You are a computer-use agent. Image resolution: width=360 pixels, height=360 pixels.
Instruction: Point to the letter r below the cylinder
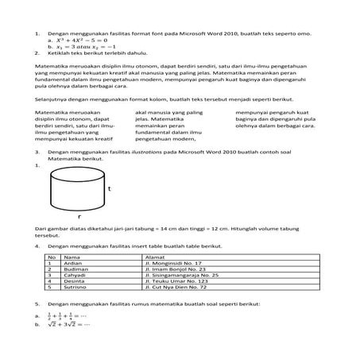coord(79,215)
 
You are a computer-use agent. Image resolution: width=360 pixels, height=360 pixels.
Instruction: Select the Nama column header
coord(72,257)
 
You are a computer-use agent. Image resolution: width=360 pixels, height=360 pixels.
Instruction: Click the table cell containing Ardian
coord(73,263)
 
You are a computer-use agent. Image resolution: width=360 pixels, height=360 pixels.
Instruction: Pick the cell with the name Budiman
coord(75,269)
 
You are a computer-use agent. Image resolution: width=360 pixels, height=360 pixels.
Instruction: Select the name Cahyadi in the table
coord(75,276)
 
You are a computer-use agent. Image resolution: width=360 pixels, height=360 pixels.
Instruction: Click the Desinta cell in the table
coord(75,282)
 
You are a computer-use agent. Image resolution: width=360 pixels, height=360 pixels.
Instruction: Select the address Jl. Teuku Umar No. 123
coord(176,282)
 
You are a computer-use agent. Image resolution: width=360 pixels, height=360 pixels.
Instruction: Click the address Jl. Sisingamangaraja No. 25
coord(183,276)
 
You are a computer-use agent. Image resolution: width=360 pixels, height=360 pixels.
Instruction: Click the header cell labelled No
coord(52,257)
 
